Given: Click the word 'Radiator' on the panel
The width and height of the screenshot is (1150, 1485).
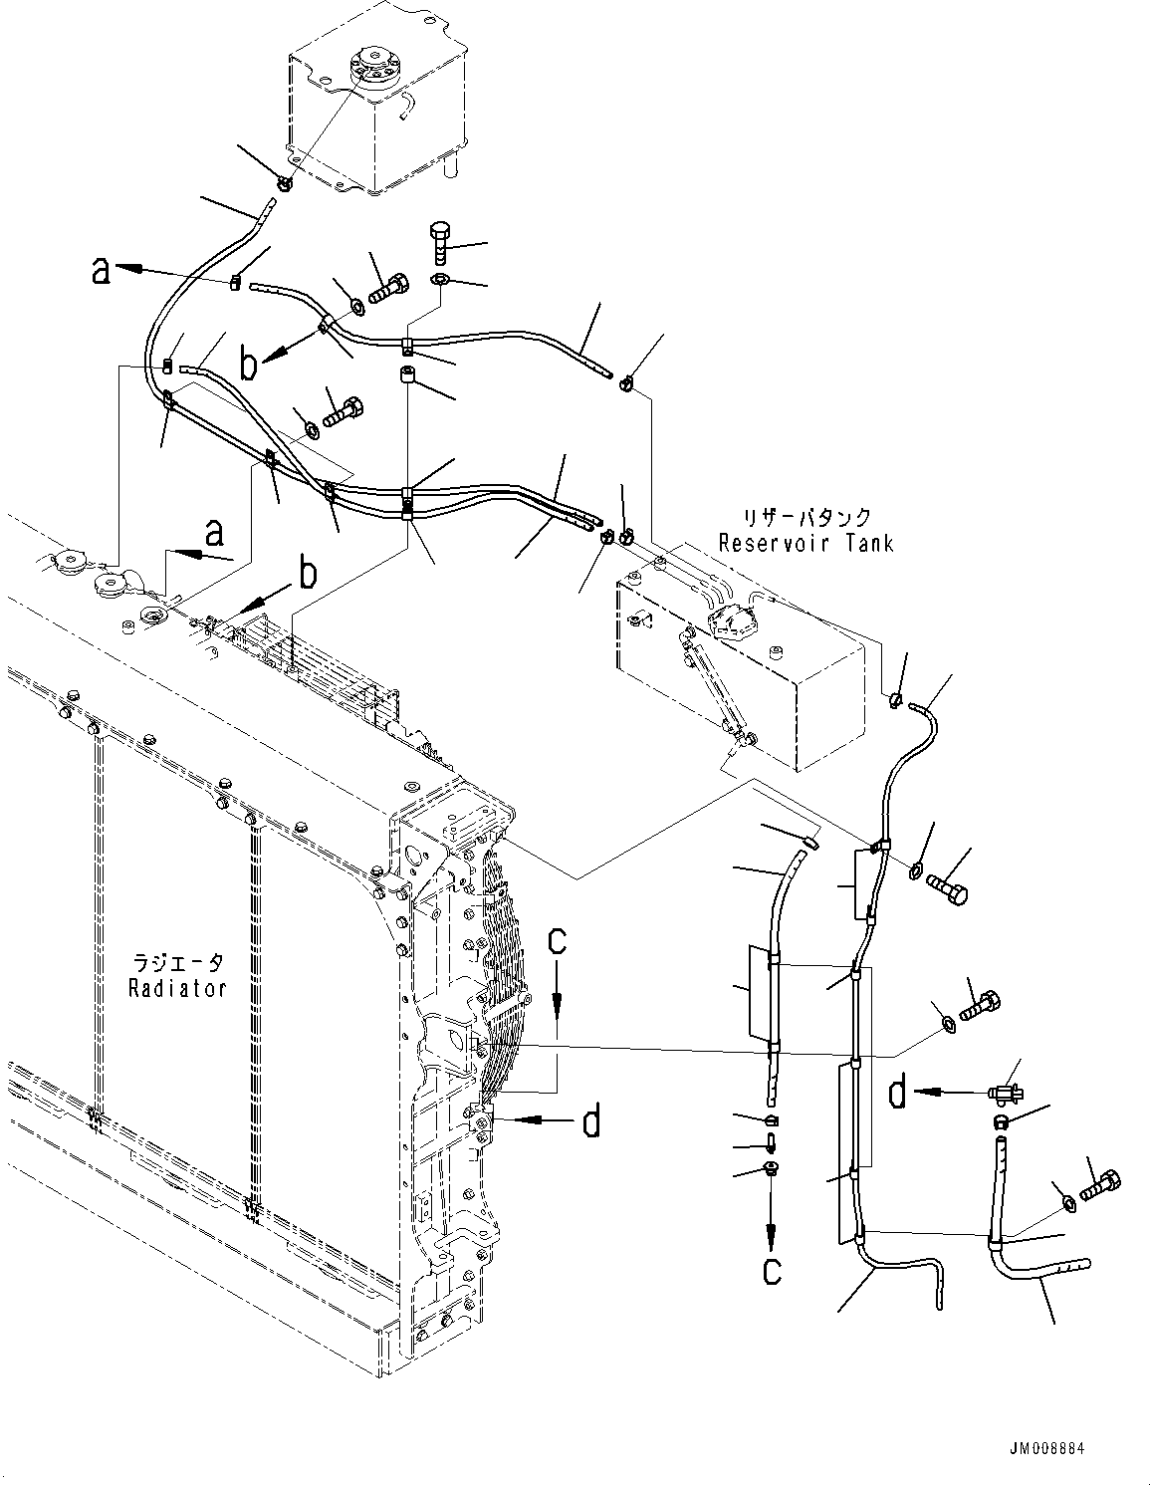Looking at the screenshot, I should point(180,988).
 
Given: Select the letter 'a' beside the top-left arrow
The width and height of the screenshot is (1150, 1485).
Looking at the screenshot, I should point(101,269).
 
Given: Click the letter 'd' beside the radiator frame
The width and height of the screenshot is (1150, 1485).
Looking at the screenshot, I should point(591,1121).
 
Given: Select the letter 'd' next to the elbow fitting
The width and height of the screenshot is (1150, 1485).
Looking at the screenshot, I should point(897,1094).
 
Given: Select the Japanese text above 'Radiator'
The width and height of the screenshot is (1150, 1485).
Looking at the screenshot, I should point(180,964).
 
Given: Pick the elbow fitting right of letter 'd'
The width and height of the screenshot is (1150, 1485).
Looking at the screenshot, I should point(1007,1093).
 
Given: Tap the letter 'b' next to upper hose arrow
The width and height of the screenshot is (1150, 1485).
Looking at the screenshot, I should point(249,366).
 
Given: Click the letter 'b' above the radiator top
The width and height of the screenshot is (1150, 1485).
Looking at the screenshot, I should point(310,573).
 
